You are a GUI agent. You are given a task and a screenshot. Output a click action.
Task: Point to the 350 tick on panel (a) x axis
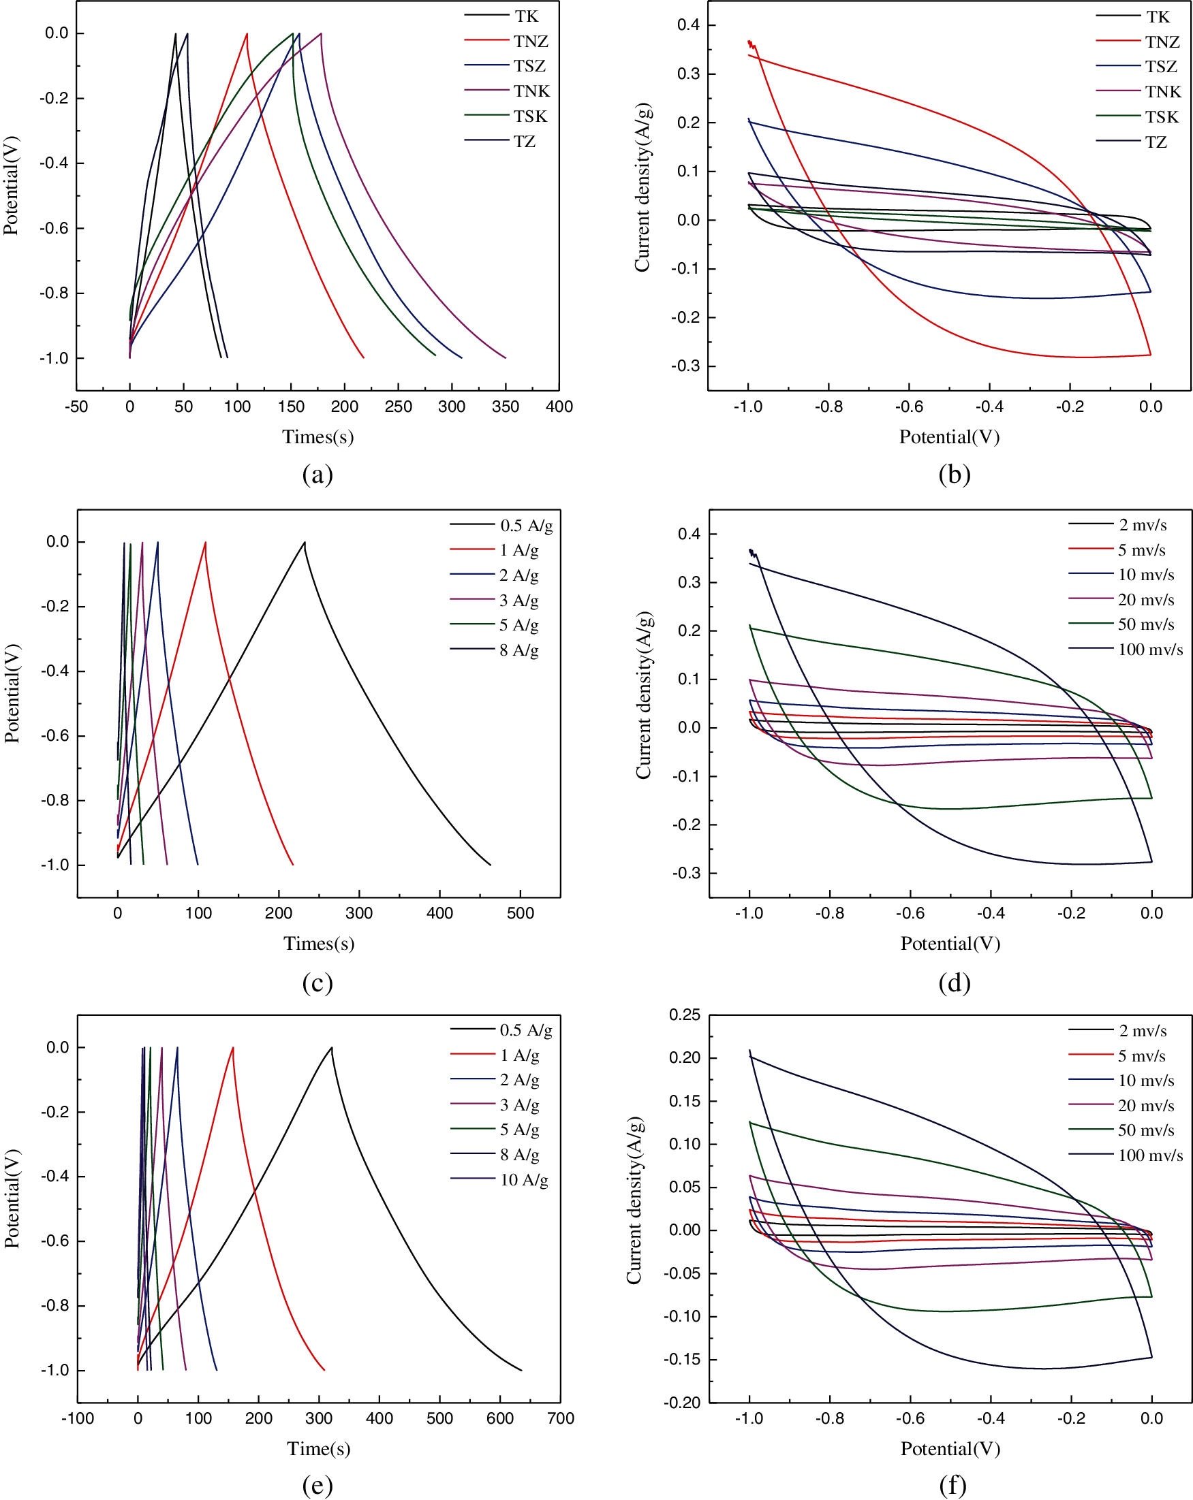(x=506, y=406)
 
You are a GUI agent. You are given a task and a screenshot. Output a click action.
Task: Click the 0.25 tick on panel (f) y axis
(x=684, y=1015)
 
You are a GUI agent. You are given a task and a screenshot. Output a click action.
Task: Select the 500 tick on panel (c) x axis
(x=520, y=913)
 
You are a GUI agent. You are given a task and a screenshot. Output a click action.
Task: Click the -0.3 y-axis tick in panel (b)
(x=685, y=366)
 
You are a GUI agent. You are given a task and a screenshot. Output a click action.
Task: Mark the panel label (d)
(x=954, y=983)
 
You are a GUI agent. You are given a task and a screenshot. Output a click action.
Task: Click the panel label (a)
(x=317, y=474)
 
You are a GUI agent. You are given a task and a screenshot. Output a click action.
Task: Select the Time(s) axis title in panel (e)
(x=318, y=1448)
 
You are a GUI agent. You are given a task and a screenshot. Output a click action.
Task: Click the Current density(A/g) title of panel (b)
(x=642, y=188)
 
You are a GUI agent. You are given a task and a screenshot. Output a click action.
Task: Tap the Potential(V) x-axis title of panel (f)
(x=950, y=1448)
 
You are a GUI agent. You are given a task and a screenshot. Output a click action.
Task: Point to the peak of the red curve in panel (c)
(x=205, y=542)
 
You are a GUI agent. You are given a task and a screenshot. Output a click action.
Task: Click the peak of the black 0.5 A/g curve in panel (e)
(x=332, y=1047)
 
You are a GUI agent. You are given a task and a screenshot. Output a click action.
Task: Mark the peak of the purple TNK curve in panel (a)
(x=321, y=33)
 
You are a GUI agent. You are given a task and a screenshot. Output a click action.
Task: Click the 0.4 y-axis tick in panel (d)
(x=689, y=534)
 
